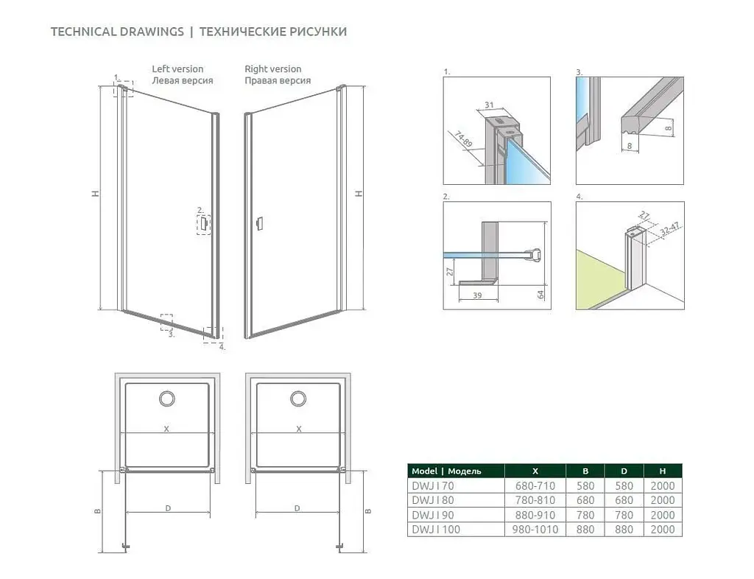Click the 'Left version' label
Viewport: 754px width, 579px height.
coord(177,69)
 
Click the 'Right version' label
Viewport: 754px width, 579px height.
coord(272,69)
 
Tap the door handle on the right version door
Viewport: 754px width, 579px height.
coord(260,224)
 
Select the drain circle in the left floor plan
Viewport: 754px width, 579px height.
coord(167,399)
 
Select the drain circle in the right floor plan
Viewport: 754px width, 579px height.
coord(298,399)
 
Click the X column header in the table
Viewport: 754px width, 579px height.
coord(535,471)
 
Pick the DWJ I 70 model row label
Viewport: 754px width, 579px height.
coord(433,485)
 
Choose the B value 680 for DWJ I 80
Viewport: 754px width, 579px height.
coord(585,500)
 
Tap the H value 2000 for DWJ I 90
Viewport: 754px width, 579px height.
coord(663,515)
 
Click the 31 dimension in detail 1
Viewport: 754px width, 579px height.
coord(489,105)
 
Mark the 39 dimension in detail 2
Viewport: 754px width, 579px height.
coord(477,295)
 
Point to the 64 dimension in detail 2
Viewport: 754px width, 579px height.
coord(540,295)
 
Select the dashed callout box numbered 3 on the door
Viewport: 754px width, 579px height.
coord(166,322)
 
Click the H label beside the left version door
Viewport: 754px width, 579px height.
coord(96,193)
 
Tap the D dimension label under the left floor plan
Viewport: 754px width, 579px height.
coord(168,508)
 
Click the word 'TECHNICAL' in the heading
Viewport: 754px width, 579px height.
coord(83,32)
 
